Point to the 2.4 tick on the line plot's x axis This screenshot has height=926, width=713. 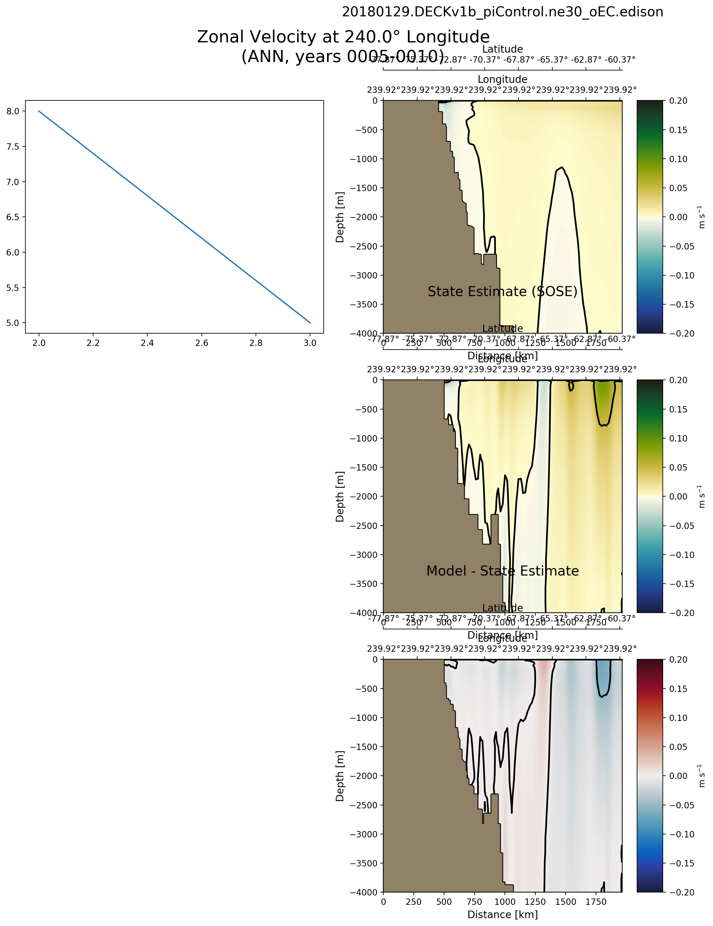147,343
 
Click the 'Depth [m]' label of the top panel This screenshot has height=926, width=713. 340,217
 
